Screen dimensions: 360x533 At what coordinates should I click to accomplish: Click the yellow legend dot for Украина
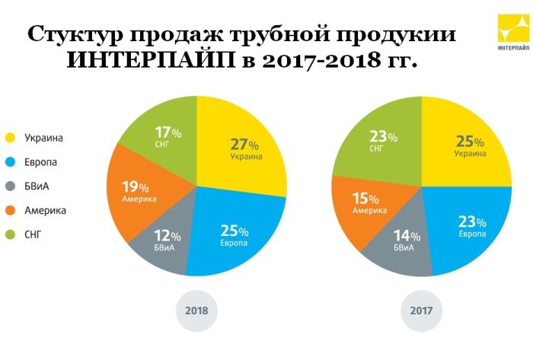point(11,138)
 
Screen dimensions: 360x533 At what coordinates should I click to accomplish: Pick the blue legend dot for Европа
point(11,162)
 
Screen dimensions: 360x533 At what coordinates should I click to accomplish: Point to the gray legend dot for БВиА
point(11,186)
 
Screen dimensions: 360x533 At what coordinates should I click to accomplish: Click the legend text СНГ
point(34,235)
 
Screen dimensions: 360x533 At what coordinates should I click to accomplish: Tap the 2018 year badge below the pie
point(196,311)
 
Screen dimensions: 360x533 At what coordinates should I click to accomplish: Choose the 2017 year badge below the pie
point(421,311)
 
